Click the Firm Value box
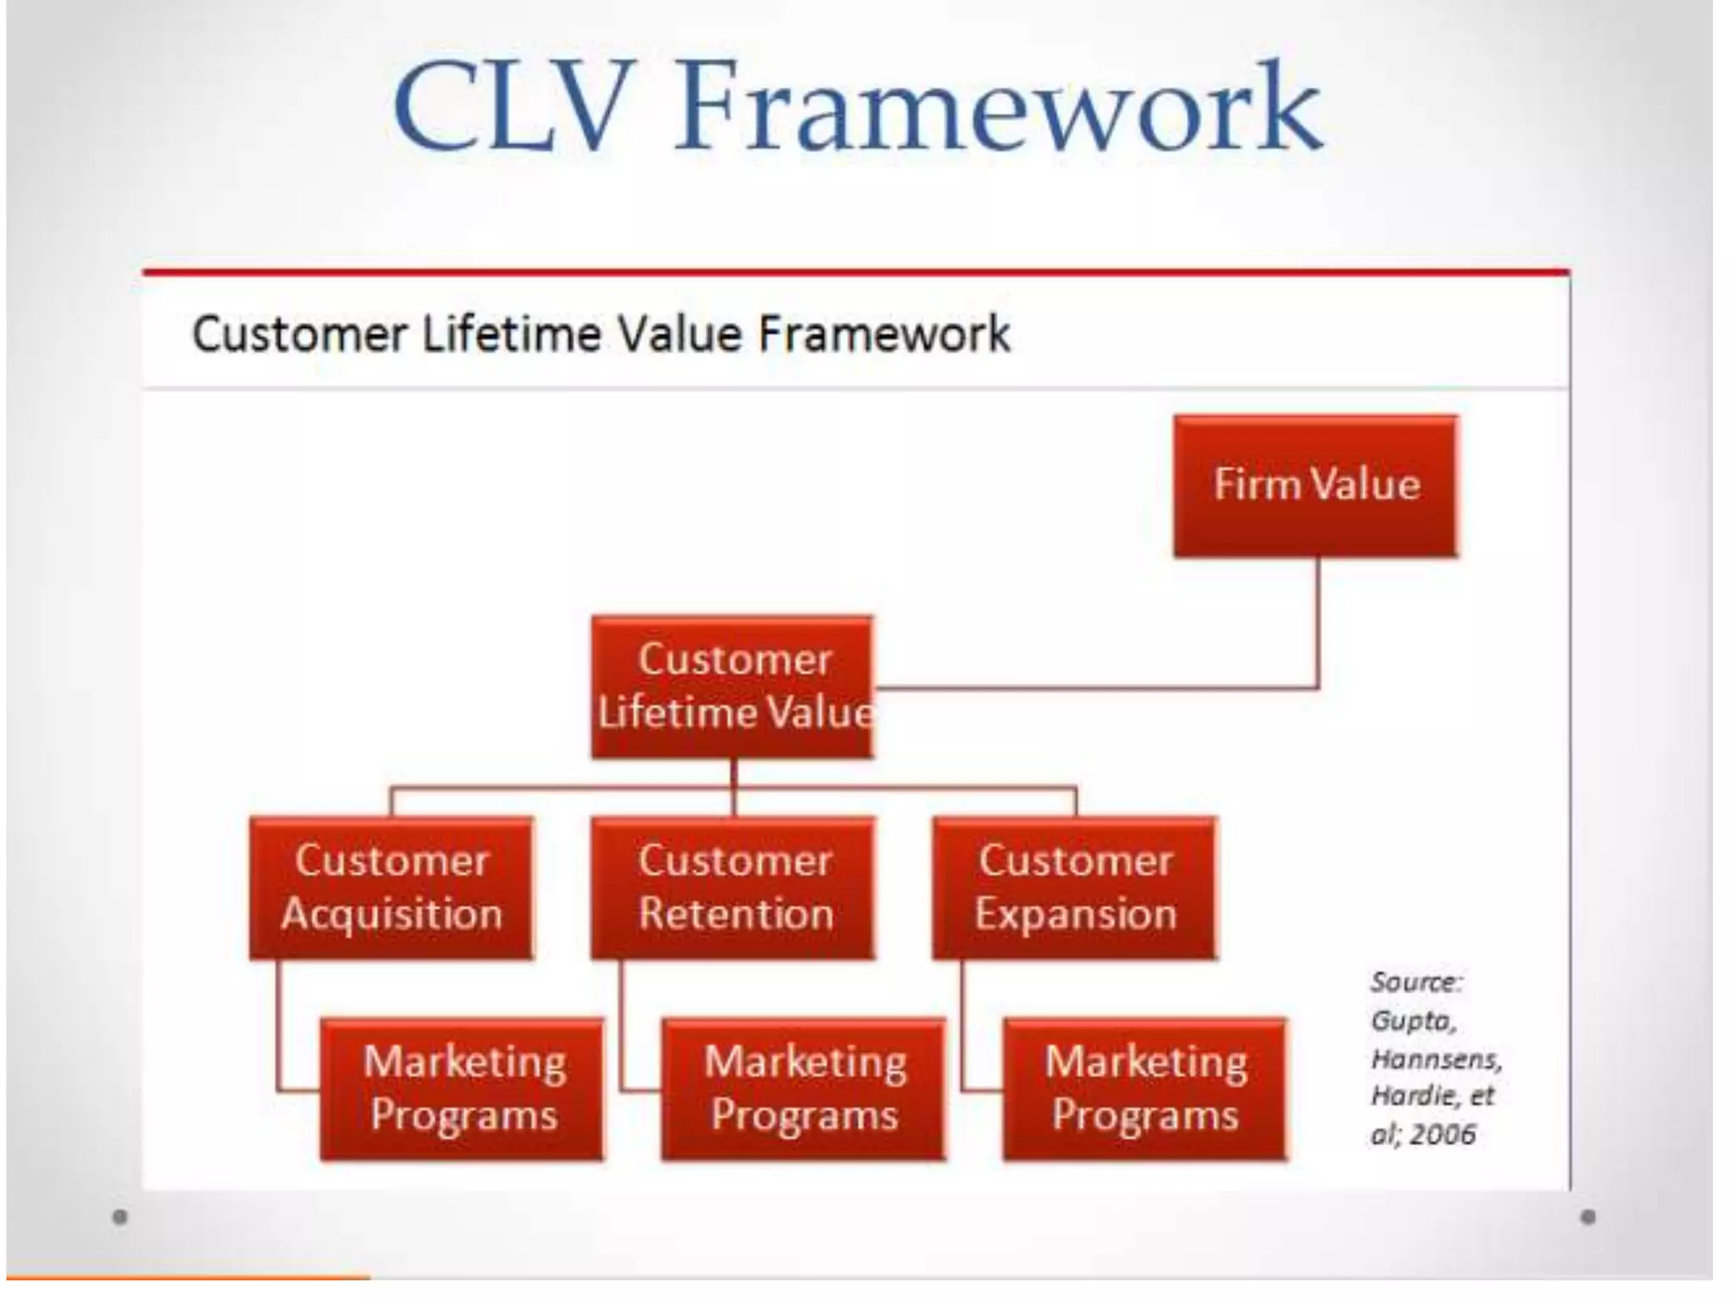click(x=1316, y=485)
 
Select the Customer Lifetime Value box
click(x=732, y=686)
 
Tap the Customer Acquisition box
click(x=391, y=887)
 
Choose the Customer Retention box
click(x=734, y=887)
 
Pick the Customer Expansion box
click(x=1075, y=887)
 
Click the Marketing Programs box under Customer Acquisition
click(x=463, y=1088)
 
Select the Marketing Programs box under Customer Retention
click(x=804, y=1088)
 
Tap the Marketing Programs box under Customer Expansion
click(x=1145, y=1088)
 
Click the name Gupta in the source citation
click(x=1412, y=1021)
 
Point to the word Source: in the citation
click(x=1416, y=983)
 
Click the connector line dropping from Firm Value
click(x=1317, y=623)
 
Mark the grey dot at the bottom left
click(x=120, y=1217)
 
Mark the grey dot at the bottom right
click(x=1588, y=1217)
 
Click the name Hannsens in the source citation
click(x=1435, y=1059)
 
